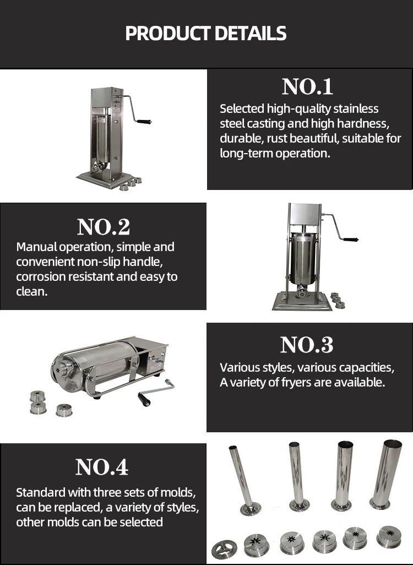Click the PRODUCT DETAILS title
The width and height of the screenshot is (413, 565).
click(x=206, y=34)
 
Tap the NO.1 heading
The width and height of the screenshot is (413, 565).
click(x=307, y=87)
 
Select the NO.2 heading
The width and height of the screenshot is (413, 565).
click(x=103, y=226)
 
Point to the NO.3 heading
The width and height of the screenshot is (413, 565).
click(x=307, y=345)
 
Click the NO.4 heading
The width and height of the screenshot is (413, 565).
click(x=102, y=467)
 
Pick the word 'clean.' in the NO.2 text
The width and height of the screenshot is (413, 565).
click(x=32, y=291)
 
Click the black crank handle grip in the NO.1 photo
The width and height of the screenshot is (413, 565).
click(x=144, y=121)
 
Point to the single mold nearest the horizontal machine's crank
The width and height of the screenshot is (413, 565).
click(x=64, y=410)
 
